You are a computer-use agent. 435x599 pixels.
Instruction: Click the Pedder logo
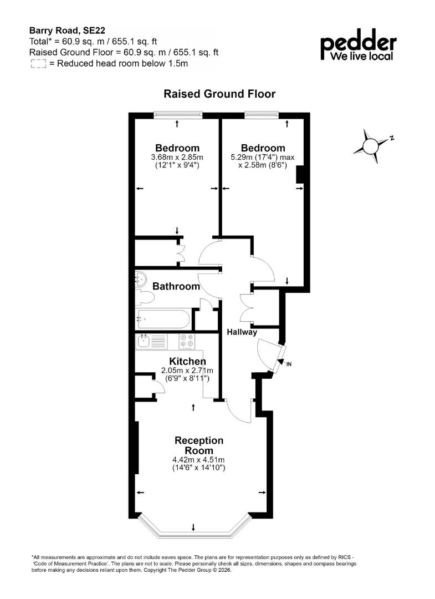pyautogui.click(x=358, y=45)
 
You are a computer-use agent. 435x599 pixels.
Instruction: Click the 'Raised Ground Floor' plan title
pyautogui.click(x=219, y=94)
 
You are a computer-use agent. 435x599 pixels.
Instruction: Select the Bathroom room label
pyautogui.click(x=176, y=286)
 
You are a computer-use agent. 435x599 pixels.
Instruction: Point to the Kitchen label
pyautogui.click(x=187, y=362)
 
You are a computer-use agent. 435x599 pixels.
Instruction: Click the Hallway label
pyautogui.click(x=242, y=332)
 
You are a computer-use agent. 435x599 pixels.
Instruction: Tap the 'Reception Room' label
pyautogui.click(x=199, y=445)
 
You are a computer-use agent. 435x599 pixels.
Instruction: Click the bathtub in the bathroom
pyautogui.click(x=163, y=319)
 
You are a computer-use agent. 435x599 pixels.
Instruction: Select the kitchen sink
pyautogui.click(x=151, y=341)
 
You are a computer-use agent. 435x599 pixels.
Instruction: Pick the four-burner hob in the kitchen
pyautogui.click(x=187, y=341)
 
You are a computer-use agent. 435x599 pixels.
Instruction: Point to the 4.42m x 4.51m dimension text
pyautogui.click(x=198, y=460)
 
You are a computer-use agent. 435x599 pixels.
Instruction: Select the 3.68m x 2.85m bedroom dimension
pyautogui.click(x=177, y=157)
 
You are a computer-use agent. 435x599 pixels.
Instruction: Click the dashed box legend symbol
pyautogui.click(x=38, y=64)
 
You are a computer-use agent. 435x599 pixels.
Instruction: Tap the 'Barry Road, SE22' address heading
pyautogui.click(x=67, y=31)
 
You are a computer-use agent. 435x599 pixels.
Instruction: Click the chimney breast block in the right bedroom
pyautogui.click(x=300, y=175)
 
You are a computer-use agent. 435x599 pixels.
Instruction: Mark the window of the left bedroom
pyautogui.click(x=178, y=114)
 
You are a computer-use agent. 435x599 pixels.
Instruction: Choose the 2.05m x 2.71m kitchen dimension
pyautogui.click(x=187, y=370)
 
